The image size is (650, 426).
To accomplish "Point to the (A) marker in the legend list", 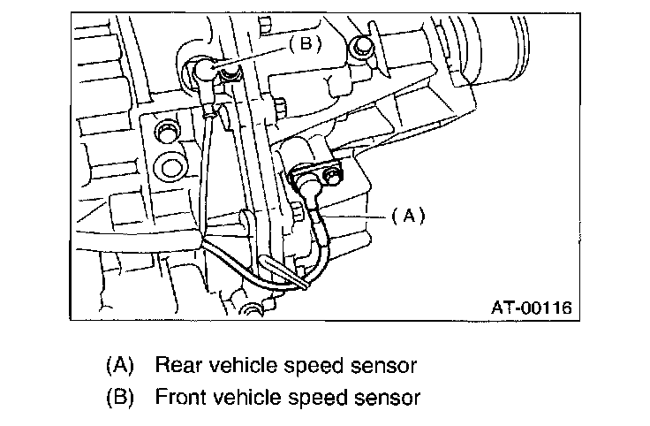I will [118, 364].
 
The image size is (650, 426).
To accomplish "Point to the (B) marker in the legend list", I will [118, 397].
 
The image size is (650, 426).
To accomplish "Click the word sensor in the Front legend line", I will [387, 397].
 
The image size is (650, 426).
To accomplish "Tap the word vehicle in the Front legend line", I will [252, 397].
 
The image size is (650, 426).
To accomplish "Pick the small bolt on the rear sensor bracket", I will [331, 178].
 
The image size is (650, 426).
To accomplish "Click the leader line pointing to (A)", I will [353, 213].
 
